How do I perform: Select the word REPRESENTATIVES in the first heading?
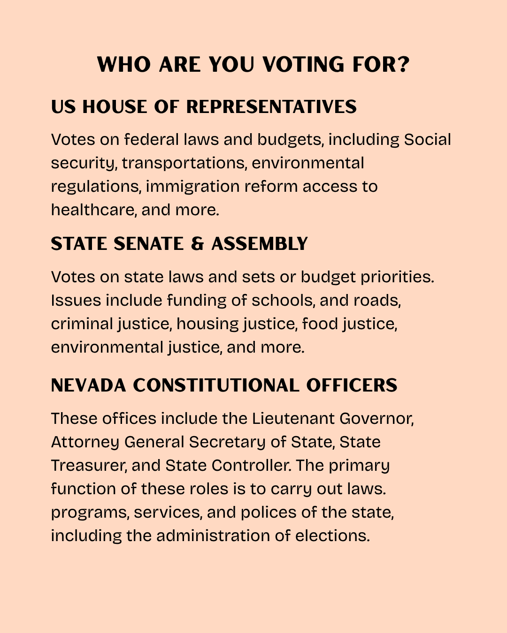pos(271,107)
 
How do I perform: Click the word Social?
pos(427,139)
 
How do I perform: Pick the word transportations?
pos(184,163)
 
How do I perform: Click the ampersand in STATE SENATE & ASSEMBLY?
pos(198,244)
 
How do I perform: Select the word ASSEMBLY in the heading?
pos(260,244)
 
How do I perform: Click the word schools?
pos(282,300)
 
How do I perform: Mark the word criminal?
pos(82,324)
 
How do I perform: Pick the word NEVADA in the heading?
pos(89,385)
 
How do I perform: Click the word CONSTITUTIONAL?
pos(216,385)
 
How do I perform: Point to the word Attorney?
pos(85,442)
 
